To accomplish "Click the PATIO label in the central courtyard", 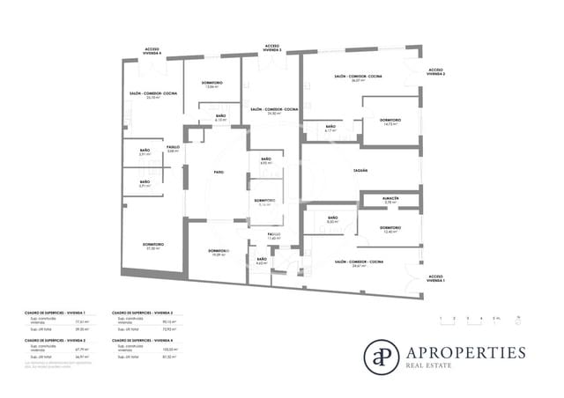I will (x=218, y=173).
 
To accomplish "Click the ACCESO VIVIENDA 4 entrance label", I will (x=152, y=52).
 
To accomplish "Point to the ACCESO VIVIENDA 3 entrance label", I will (x=272, y=48).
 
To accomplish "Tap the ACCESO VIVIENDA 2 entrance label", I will (x=437, y=72).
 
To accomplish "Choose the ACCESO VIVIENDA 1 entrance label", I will (x=436, y=278).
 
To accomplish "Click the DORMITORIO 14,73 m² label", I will (x=391, y=122).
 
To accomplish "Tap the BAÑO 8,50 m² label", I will (x=332, y=219).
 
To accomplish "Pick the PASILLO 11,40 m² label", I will (x=274, y=236).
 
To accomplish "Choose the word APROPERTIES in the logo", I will (x=465, y=352).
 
